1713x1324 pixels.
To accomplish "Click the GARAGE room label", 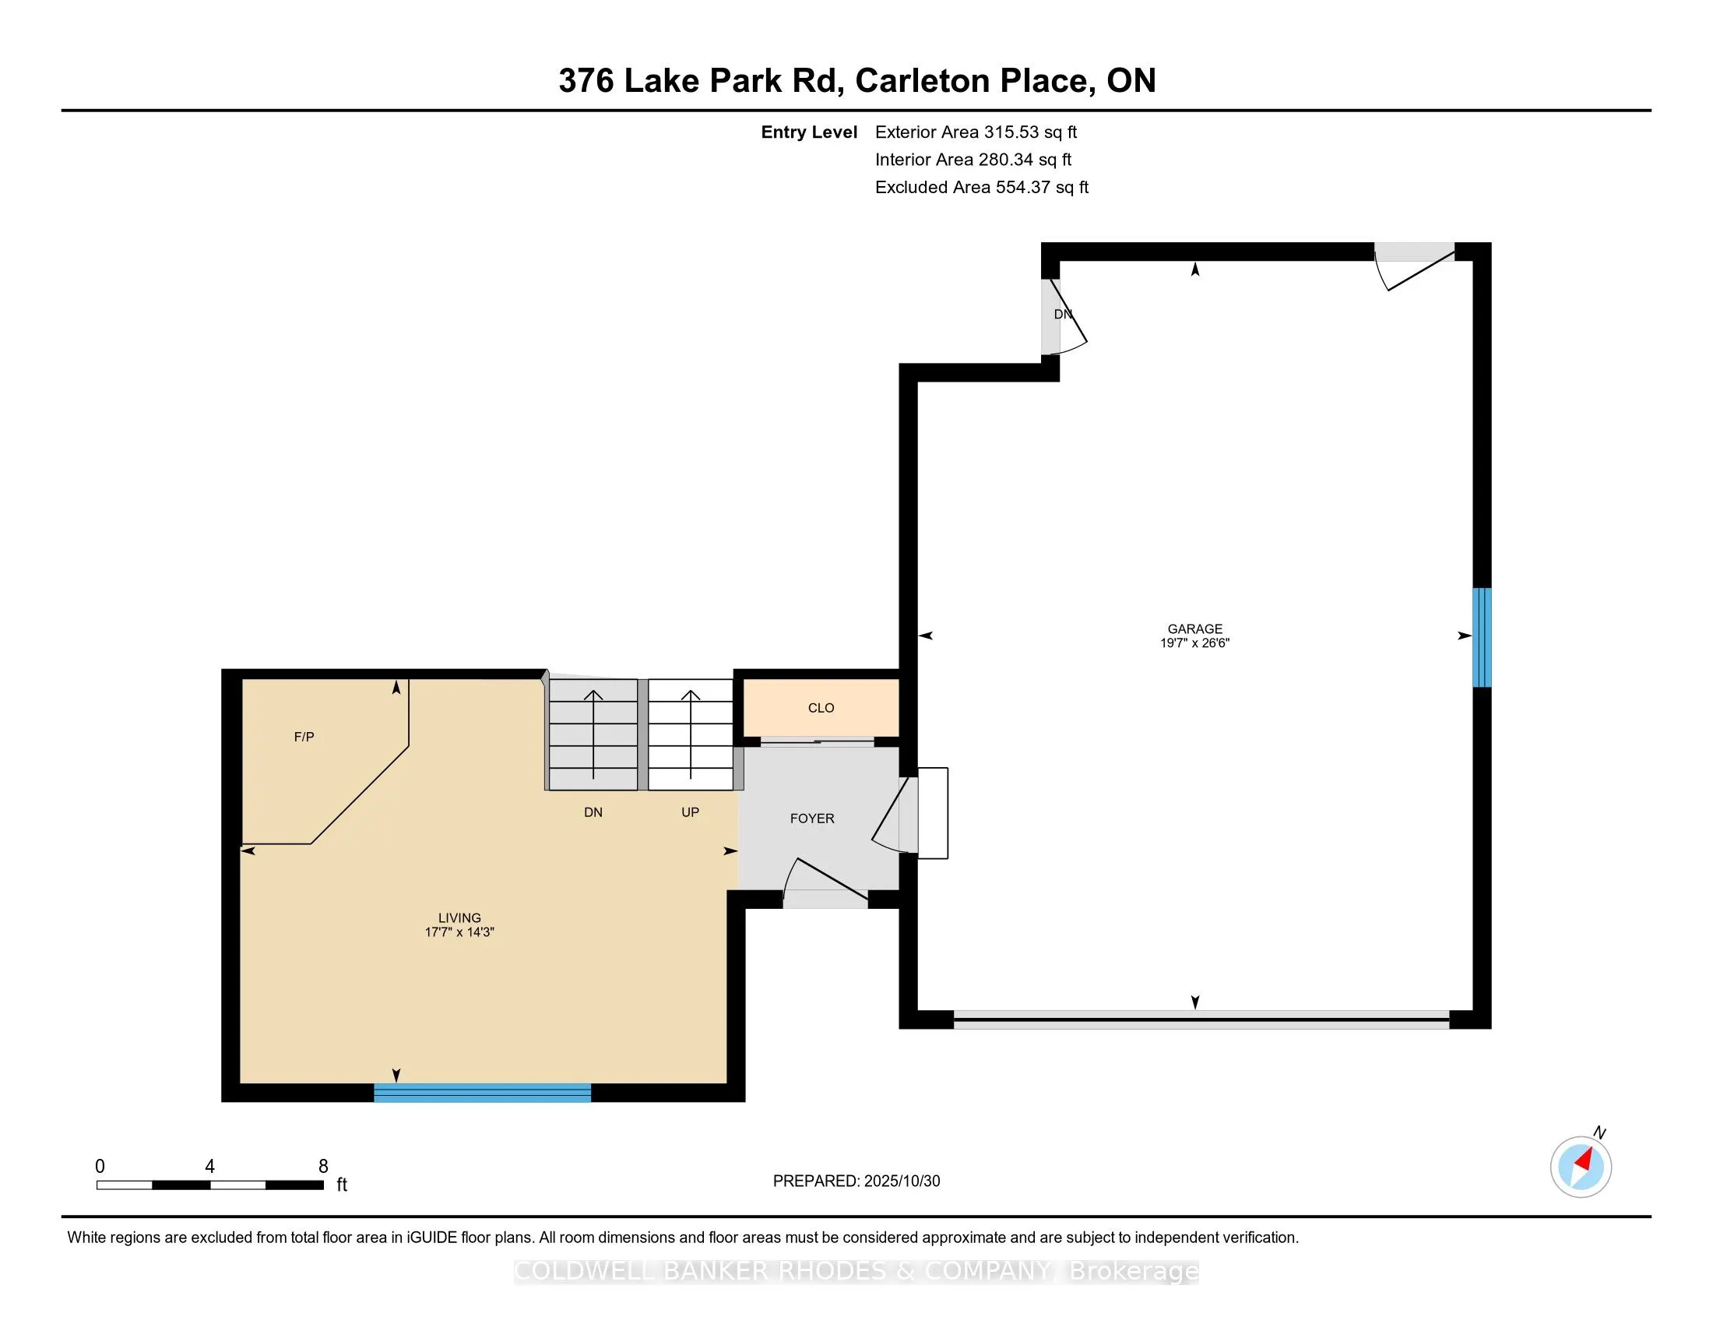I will [1194, 629].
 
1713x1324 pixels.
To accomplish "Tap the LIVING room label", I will [459, 917].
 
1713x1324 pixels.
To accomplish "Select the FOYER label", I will [812, 818].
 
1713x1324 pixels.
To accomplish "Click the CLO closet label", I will [821, 707].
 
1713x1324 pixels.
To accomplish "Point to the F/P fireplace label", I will [304, 737].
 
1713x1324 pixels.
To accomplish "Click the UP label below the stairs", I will [689, 812].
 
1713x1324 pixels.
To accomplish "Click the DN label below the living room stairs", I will [593, 812].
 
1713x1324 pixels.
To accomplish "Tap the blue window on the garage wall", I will [1481, 637].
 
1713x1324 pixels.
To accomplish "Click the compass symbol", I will [1581, 1167].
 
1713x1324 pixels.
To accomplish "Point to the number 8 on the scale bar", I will [323, 1167].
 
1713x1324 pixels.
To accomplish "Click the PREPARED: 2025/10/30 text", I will [856, 1181].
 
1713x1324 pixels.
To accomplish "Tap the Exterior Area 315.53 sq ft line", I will [976, 132].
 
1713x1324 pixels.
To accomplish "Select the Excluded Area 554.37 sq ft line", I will [981, 187].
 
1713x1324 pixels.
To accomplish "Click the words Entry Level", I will [809, 132].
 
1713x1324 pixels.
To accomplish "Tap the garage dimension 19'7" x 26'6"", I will [1194, 643].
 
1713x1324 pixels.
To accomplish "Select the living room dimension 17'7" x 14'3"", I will [459, 931].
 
